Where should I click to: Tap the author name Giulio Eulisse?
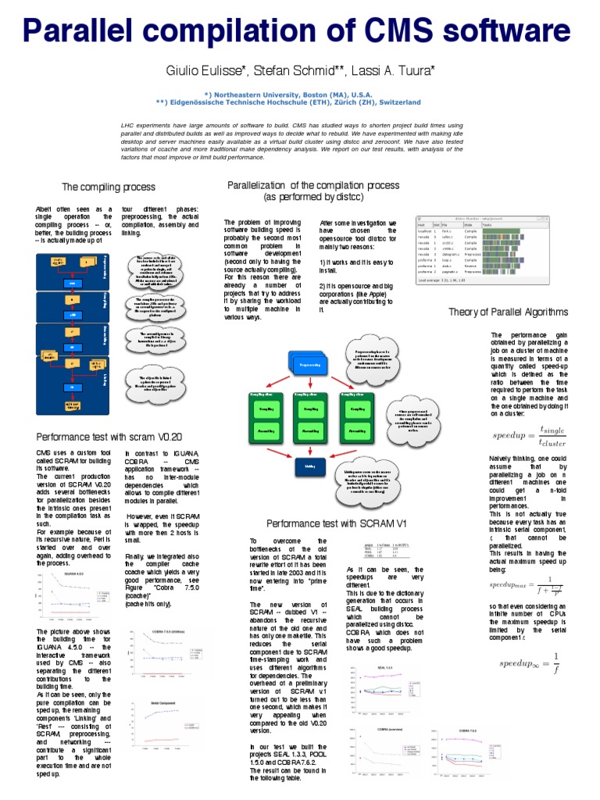point(205,71)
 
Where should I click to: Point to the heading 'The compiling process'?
point(109,187)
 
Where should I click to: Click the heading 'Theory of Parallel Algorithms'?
point(509,312)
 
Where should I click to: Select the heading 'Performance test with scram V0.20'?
point(109,437)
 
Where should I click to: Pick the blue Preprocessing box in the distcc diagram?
point(309,364)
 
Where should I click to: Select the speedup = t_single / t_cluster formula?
point(531,436)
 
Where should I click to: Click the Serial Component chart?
point(168,720)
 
